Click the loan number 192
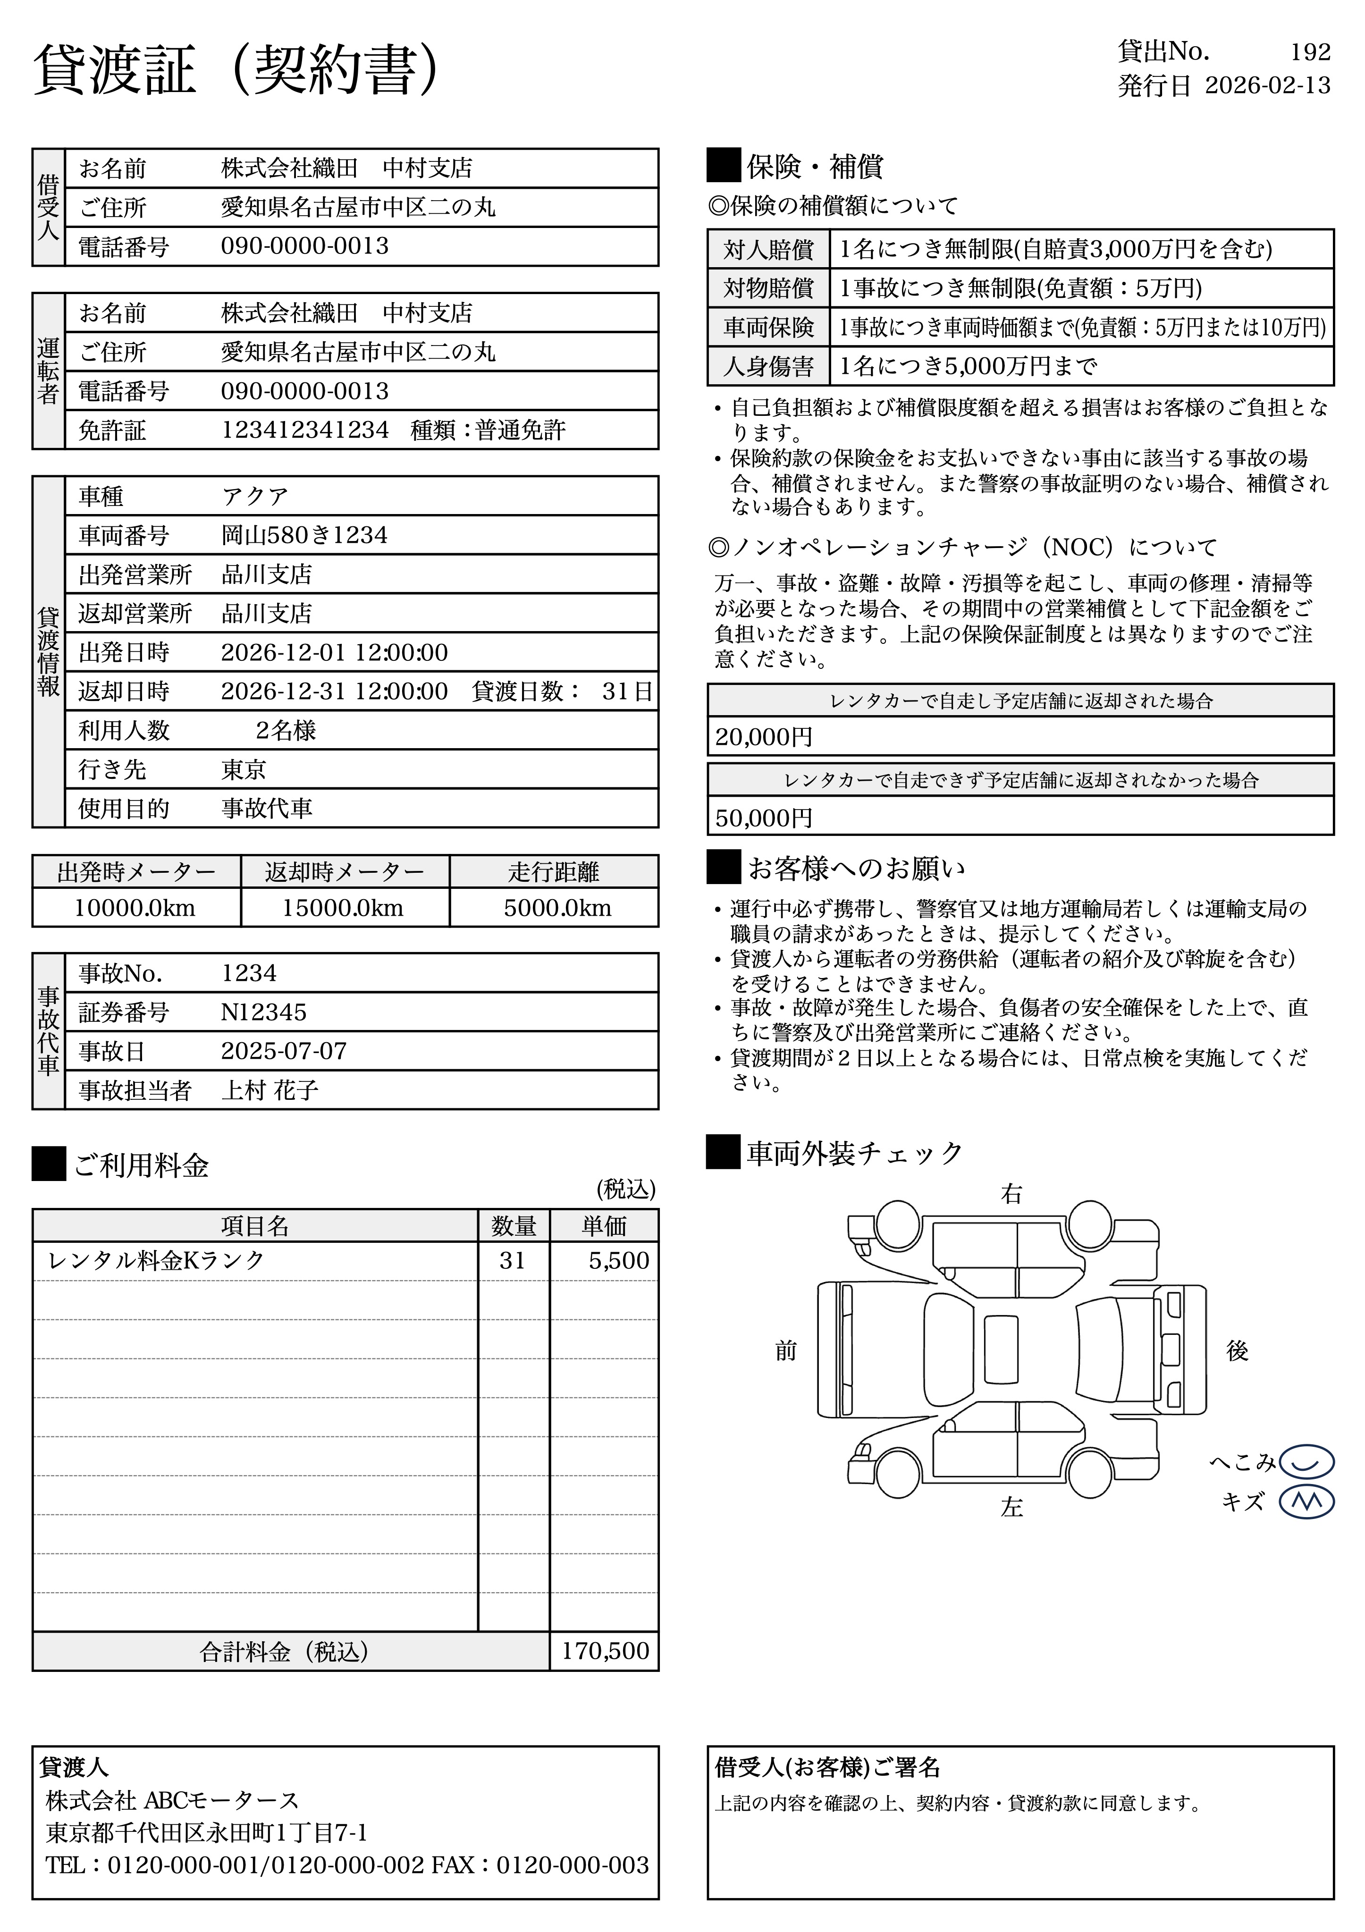click(1309, 52)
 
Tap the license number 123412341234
click(304, 430)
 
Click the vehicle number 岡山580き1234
click(304, 535)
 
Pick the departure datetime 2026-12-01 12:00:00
click(334, 652)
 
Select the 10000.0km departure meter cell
click(135, 908)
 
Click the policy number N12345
click(263, 1012)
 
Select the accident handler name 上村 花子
click(270, 1090)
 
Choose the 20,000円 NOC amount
click(763, 737)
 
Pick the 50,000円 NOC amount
click(763, 817)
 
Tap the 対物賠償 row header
click(768, 288)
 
